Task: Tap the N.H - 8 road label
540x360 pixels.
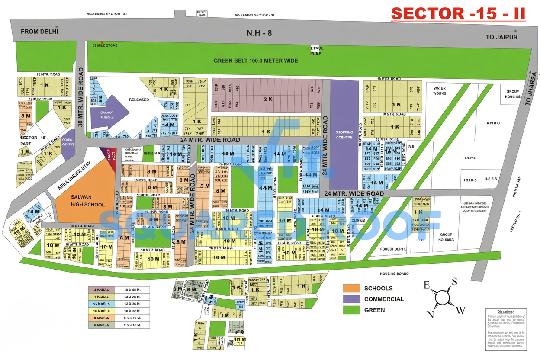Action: [259, 33]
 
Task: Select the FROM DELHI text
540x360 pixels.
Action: [39, 31]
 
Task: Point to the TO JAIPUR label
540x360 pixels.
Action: [501, 37]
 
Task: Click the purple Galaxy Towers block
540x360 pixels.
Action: [109, 113]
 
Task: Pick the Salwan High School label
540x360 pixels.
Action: [87, 201]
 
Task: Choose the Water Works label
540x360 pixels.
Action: [439, 91]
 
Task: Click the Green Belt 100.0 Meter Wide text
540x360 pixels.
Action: [256, 61]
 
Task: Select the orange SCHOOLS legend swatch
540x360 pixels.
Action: [351, 288]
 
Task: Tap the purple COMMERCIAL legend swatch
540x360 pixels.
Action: [351, 299]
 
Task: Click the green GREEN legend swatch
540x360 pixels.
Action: [351, 310]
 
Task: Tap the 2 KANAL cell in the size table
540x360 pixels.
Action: [101, 289]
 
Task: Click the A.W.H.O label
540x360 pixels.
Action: [493, 123]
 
